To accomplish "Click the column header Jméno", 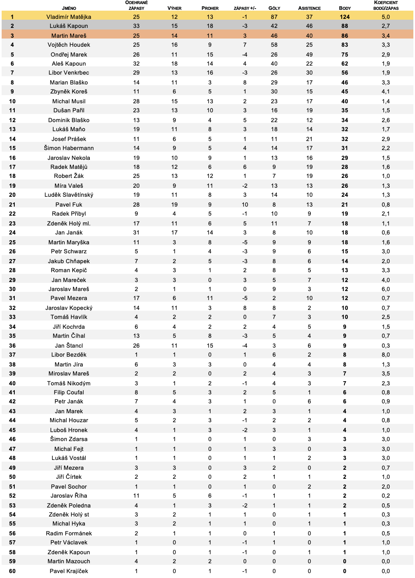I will pyautogui.click(x=69, y=8).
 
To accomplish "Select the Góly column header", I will pyautogui.click(x=274, y=8).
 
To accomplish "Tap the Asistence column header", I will pyautogui.click(x=309, y=8).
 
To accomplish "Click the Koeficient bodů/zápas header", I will pyautogui.click(x=385, y=5).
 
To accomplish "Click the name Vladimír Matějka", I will pyautogui.click(x=69, y=17).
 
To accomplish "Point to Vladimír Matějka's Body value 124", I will pyautogui.click(x=344, y=17).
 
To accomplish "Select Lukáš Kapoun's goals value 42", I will pyautogui.click(x=274, y=26).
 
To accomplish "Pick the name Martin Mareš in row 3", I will pyautogui.click(x=69, y=36).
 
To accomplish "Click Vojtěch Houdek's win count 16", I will pyautogui.click(x=174, y=45).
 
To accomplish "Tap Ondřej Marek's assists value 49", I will pyautogui.click(x=309, y=55).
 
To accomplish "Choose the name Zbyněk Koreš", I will pyautogui.click(x=69, y=91).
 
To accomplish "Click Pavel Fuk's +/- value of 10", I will pyautogui.click(x=245, y=205).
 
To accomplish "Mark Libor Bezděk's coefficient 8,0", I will pyautogui.click(x=385, y=355).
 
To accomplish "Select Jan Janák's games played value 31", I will pyautogui.click(x=136, y=232).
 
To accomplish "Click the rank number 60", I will pyautogui.click(x=12, y=571).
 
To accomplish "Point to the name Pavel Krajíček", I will pyautogui.click(x=69, y=571).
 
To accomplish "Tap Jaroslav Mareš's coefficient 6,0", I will pyautogui.click(x=385, y=289).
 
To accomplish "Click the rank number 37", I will pyautogui.click(x=12, y=355).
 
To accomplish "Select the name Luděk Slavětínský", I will pyautogui.click(x=69, y=195).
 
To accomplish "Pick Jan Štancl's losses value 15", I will pyautogui.click(x=210, y=346).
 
